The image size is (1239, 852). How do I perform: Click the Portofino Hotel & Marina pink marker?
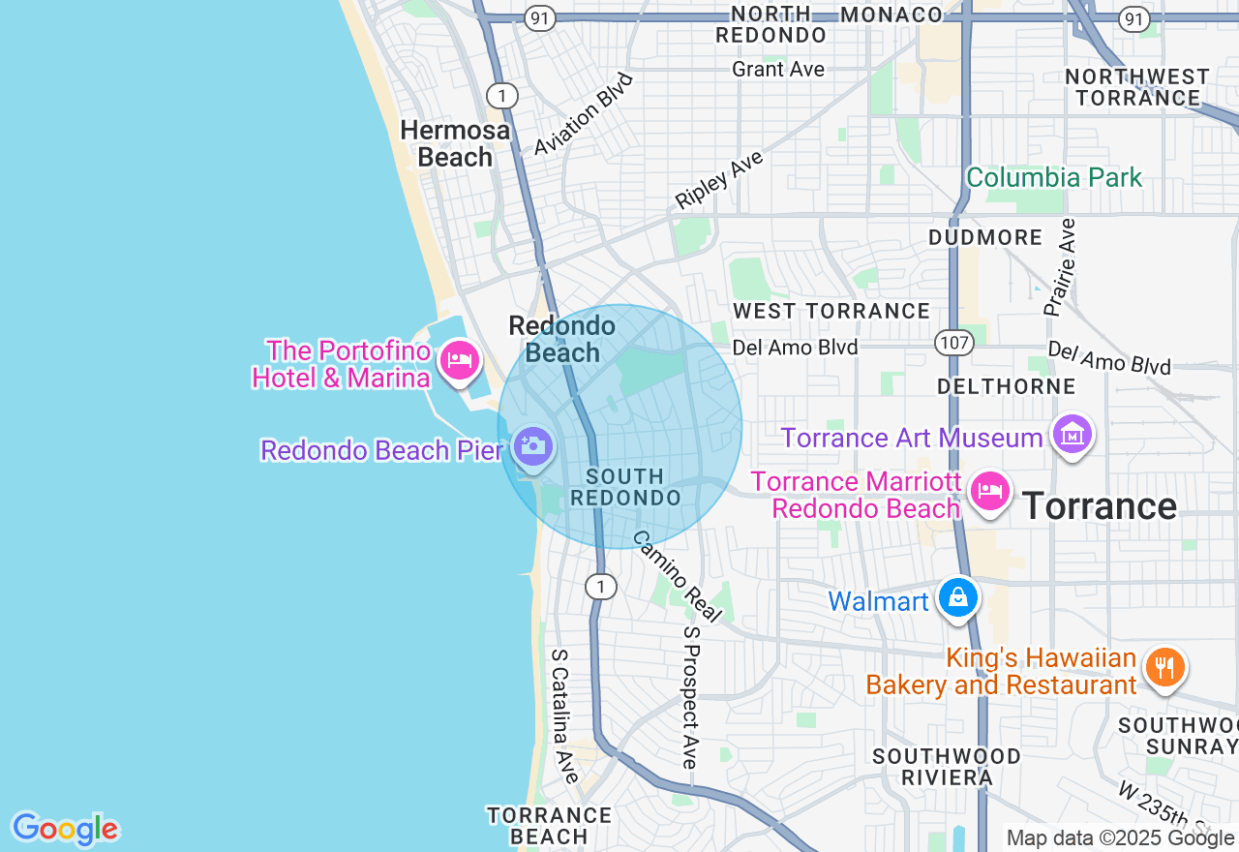[x=459, y=360]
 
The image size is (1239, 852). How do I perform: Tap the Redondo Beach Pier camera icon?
[x=531, y=446]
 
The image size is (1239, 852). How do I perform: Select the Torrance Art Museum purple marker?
[x=1073, y=436]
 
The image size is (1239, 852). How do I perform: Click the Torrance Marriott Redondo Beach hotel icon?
[x=989, y=491]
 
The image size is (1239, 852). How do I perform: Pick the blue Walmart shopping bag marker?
[x=957, y=597]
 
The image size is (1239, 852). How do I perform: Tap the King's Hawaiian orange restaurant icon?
[x=1165, y=667]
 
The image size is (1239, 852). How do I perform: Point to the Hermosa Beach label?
[x=455, y=143]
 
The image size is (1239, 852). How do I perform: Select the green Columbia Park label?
[x=1054, y=178]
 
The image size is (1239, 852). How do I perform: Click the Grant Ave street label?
[x=778, y=69]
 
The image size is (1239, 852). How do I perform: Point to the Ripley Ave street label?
[x=719, y=179]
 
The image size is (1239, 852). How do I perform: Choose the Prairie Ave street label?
[x=1060, y=267]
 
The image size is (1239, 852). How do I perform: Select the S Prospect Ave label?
[x=690, y=696]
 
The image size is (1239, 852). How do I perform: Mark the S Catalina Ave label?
[x=564, y=715]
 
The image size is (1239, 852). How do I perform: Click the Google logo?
[x=65, y=829]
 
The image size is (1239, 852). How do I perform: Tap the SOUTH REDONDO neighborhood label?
[x=625, y=487]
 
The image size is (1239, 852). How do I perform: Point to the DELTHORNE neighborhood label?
[x=1006, y=387]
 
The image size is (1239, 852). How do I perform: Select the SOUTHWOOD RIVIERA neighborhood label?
[x=947, y=766]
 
